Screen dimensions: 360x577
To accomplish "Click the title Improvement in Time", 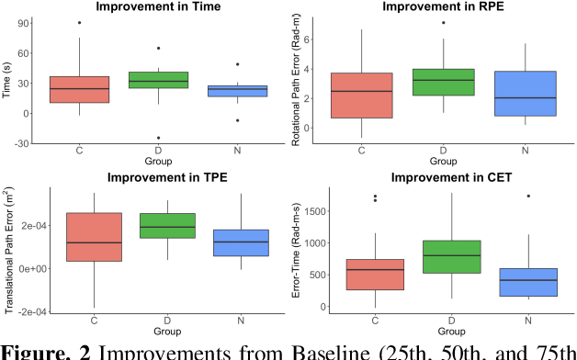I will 160,7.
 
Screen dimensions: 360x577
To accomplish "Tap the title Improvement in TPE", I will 160,177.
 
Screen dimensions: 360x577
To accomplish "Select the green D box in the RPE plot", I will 443,82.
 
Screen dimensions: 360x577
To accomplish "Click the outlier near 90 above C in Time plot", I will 78,22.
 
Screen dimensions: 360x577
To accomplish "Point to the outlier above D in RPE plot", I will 443,22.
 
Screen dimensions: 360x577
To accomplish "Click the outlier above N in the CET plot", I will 527,196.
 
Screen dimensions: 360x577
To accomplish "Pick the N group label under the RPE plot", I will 526,151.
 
